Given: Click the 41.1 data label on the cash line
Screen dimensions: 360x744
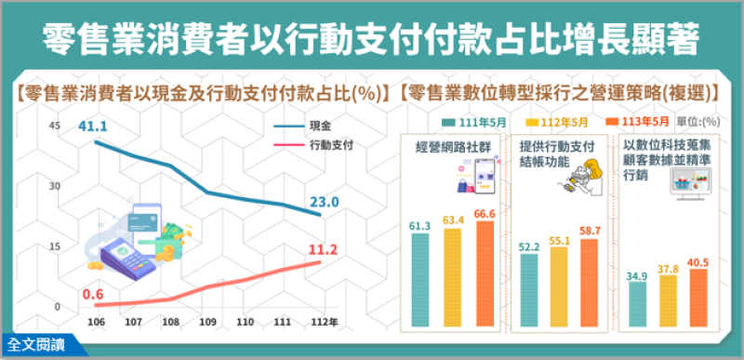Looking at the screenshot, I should click(95, 126).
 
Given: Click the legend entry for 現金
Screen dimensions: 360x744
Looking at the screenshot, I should click(318, 126).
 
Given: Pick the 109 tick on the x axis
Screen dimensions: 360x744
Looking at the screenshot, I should click(209, 323).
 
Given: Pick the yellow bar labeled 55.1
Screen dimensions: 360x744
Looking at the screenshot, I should click(559, 287).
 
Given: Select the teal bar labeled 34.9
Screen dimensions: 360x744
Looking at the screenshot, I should click(638, 303).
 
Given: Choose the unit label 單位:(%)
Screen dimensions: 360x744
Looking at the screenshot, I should click(705, 122).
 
